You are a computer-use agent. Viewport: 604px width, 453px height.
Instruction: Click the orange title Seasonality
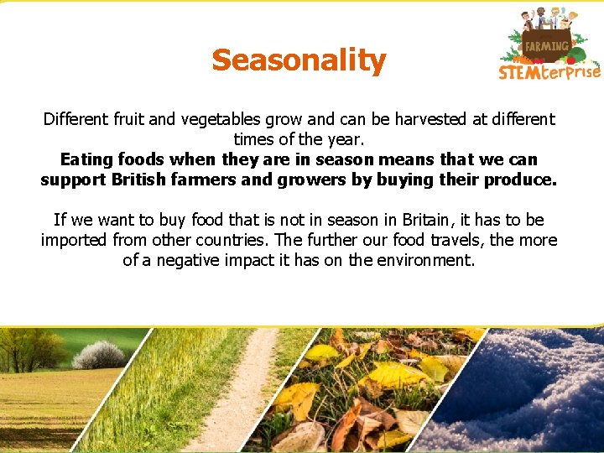[299, 60]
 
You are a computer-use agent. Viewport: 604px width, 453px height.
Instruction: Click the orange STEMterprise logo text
[549, 72]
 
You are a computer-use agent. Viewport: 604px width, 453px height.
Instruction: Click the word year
[345, 139]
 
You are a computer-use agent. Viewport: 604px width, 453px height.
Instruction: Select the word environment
[425, 261]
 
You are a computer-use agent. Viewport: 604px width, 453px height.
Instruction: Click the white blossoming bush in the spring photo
[99, 355]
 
